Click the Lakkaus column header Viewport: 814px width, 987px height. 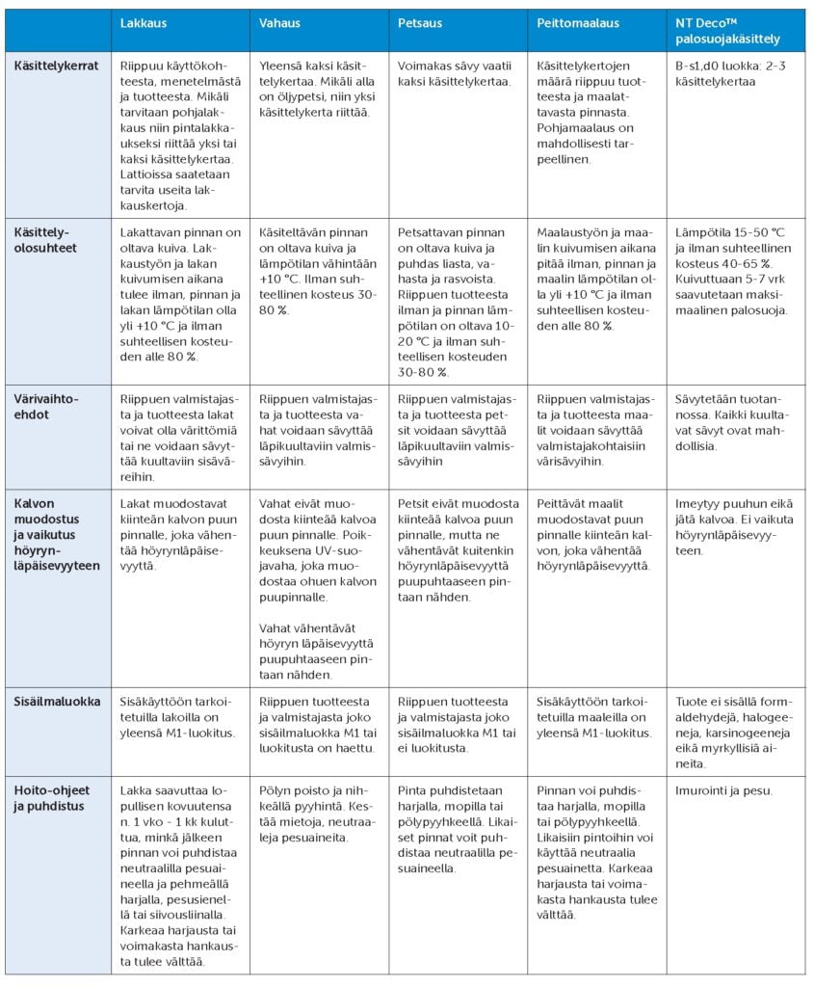point(144,22)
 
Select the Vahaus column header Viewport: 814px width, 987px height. point(280,22)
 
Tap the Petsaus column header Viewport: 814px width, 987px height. point(420,22)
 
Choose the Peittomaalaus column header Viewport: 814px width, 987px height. point(578,22)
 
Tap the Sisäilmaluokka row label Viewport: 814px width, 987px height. point(56,702)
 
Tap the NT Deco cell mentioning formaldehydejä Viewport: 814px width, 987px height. point(733,733)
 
